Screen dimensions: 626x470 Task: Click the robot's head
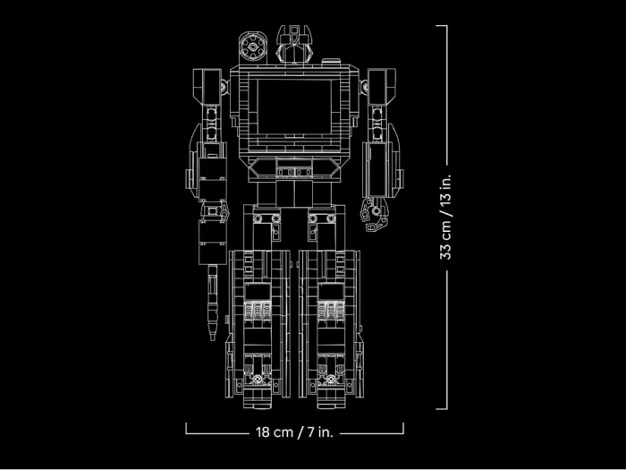pos(293,44)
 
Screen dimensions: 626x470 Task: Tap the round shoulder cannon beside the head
pos(253,47)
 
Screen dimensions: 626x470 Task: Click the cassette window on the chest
pos(294,107)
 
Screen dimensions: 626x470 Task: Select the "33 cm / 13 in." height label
pos(445,217)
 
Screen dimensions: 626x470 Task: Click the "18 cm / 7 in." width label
pos(294,432)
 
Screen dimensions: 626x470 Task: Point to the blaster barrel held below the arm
pos(213,303)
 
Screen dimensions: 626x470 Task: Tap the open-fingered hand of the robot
pos(375,215)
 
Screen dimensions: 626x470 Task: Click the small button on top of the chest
pos(331,61)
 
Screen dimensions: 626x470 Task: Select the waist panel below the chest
pos(294,168)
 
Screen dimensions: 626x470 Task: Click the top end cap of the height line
pos(442,26)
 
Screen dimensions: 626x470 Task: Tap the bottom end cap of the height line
pos(442,408)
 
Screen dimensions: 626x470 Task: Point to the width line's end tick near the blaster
pos(186,428)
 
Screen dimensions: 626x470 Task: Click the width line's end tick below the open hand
pos(403,428)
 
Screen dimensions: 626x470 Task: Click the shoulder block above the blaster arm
pos(207,87)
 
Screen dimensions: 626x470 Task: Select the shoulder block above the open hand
pos(382,87)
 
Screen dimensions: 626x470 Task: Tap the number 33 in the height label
pos(445,252)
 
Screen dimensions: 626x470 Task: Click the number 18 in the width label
pos(263,432)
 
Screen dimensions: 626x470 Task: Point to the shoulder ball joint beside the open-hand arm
pos(364,86)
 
